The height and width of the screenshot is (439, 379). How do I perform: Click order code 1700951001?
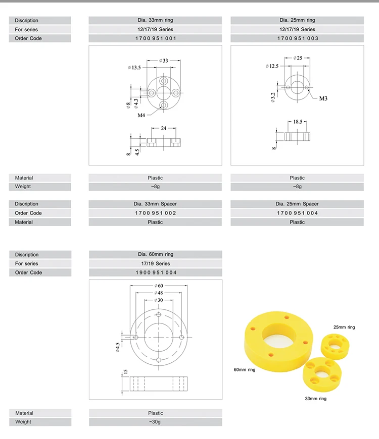[155, 38]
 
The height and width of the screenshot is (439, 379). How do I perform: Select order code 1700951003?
[297, 38]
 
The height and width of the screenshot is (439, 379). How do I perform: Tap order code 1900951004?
[155, 272]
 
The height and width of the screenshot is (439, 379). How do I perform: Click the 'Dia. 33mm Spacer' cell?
[155, 204]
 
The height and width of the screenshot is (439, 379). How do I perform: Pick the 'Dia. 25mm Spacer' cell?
[297, 204]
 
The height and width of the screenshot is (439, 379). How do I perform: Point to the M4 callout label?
[142, 116]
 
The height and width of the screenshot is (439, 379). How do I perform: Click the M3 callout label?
[323, 98]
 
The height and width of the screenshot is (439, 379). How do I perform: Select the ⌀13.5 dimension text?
[134, 67]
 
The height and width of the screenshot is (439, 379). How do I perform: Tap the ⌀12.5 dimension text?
[272, 66]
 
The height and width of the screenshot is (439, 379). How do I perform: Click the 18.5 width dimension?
[298, 122]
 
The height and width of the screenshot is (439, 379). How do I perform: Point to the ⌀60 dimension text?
[158, 286]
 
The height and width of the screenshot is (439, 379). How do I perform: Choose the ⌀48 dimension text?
[158, 293]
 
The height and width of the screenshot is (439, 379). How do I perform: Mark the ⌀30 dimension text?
[158, 300]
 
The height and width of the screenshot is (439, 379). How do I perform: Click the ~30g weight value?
[155, 422]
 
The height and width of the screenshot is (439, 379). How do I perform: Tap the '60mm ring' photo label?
[244, 370]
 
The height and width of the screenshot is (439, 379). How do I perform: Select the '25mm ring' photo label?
[344, 327]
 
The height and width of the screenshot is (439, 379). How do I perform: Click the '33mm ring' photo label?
[315, 399]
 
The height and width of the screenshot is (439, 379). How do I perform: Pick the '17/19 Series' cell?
[155, 263]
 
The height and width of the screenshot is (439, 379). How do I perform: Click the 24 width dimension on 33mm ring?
[163, 129]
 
